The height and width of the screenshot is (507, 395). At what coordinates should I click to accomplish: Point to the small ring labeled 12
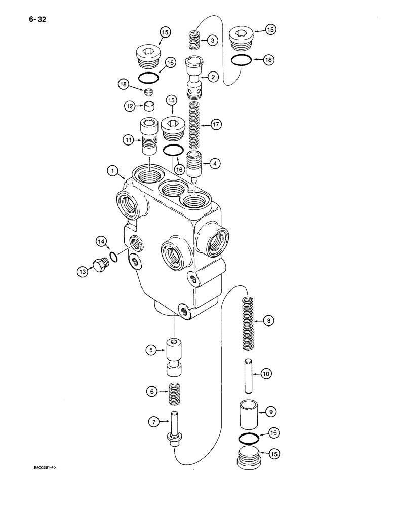coord(149,105)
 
